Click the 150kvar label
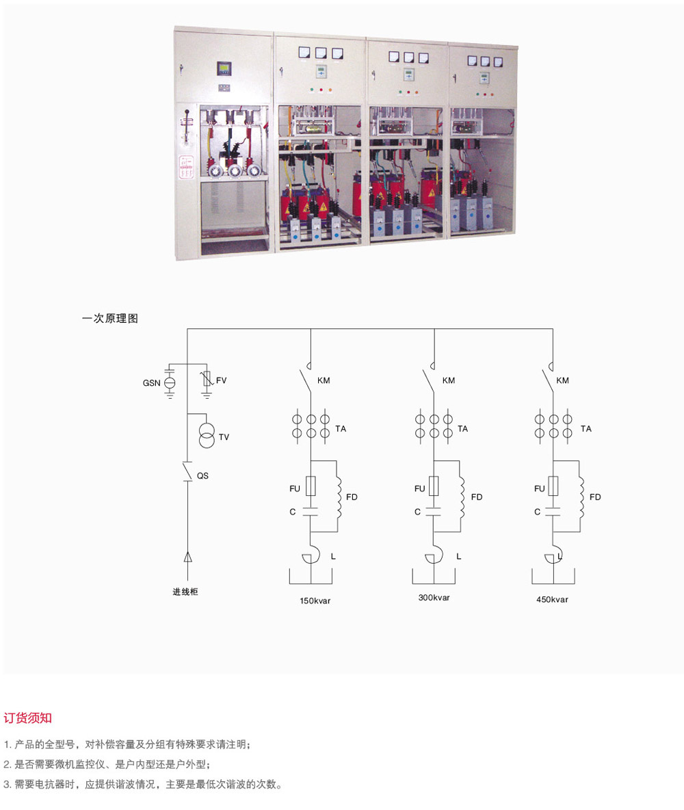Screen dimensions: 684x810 [315, 601]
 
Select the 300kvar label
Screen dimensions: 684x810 [434, 598]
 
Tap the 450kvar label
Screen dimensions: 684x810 [552, 600]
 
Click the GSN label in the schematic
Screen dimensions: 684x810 [151, 383]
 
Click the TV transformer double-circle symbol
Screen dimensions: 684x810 [207, 436]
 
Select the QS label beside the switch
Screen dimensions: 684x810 [202, 475]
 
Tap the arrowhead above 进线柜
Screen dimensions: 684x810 [187, 557]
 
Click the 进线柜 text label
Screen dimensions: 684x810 [185, 592]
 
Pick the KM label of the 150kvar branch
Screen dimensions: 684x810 [324, 381]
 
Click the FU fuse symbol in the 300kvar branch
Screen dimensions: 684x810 [434, 486]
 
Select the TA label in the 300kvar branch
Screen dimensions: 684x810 [462, 429]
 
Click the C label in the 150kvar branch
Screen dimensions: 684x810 [292, 512]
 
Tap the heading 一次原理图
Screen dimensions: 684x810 [110, 318]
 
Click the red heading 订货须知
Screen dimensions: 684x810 [28, 718]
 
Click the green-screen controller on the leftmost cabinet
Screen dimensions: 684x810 [224, 68]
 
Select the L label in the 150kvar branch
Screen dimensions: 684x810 [333, 556]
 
